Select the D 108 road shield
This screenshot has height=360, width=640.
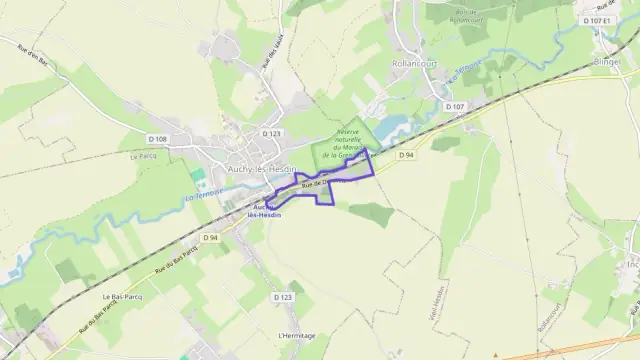coord(157,138)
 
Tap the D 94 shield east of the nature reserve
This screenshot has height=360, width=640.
coord(405,155)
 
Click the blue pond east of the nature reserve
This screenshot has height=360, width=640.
coord(392,124)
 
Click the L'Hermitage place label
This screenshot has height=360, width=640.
coord(297,335)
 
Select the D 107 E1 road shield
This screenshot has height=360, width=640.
coord(594,19)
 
